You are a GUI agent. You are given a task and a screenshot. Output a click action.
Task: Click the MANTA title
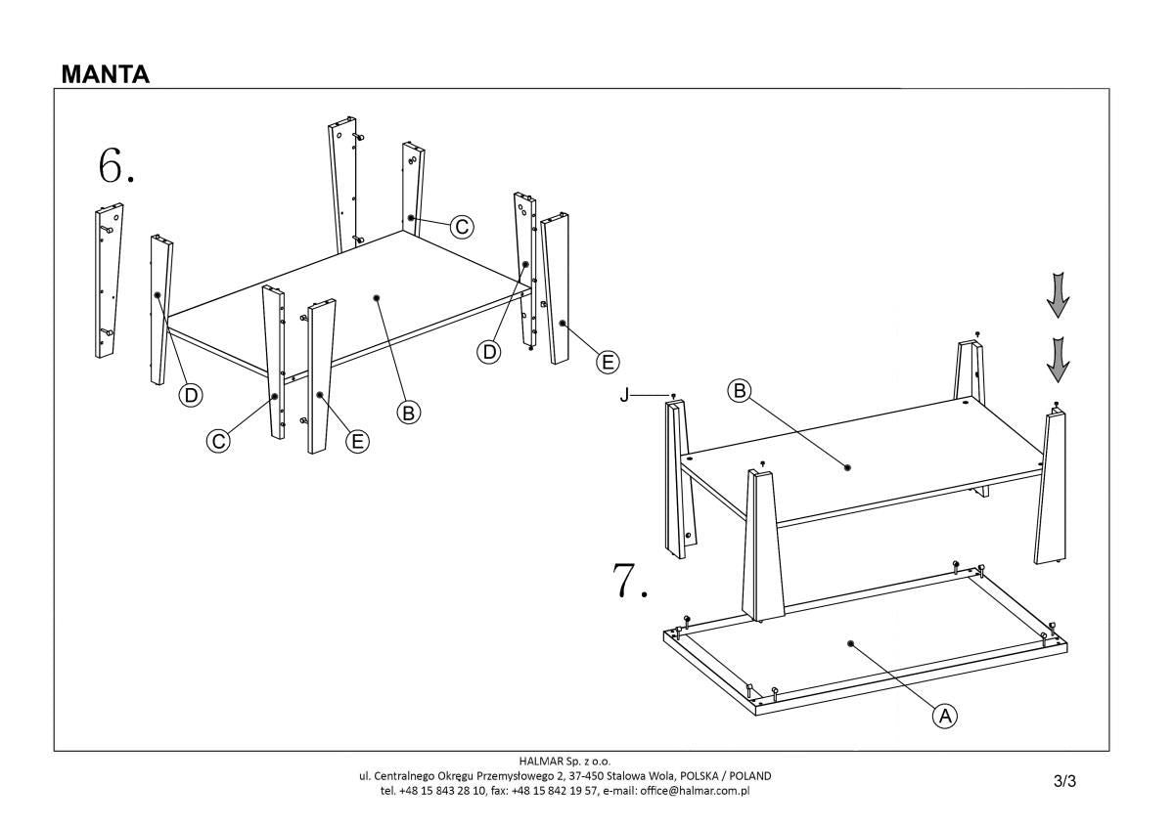[105, 74]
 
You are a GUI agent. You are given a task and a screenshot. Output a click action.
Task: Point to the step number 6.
[115, 166]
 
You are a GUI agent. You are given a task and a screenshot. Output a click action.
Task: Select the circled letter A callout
[944, 716]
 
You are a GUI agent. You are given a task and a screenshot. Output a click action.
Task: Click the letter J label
[623, 395]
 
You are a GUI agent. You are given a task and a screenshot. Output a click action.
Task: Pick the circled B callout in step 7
[740, 391]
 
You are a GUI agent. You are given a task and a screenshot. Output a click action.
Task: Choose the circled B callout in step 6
[409, 412]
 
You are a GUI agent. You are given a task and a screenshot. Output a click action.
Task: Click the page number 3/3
[1064, 780]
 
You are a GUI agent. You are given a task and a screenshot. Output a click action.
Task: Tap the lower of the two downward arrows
[1057, 359]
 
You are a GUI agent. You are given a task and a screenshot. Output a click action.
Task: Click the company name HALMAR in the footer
[541, 761]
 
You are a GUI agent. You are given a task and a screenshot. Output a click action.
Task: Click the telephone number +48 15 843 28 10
[449, 790]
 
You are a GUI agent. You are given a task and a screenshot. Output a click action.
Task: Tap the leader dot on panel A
[850, 644]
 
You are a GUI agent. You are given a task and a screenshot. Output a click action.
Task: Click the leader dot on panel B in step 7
[847, 467]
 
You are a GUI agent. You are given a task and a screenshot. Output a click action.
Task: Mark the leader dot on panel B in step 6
[377, 296]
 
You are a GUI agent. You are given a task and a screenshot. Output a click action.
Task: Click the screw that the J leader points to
[674, 395]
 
